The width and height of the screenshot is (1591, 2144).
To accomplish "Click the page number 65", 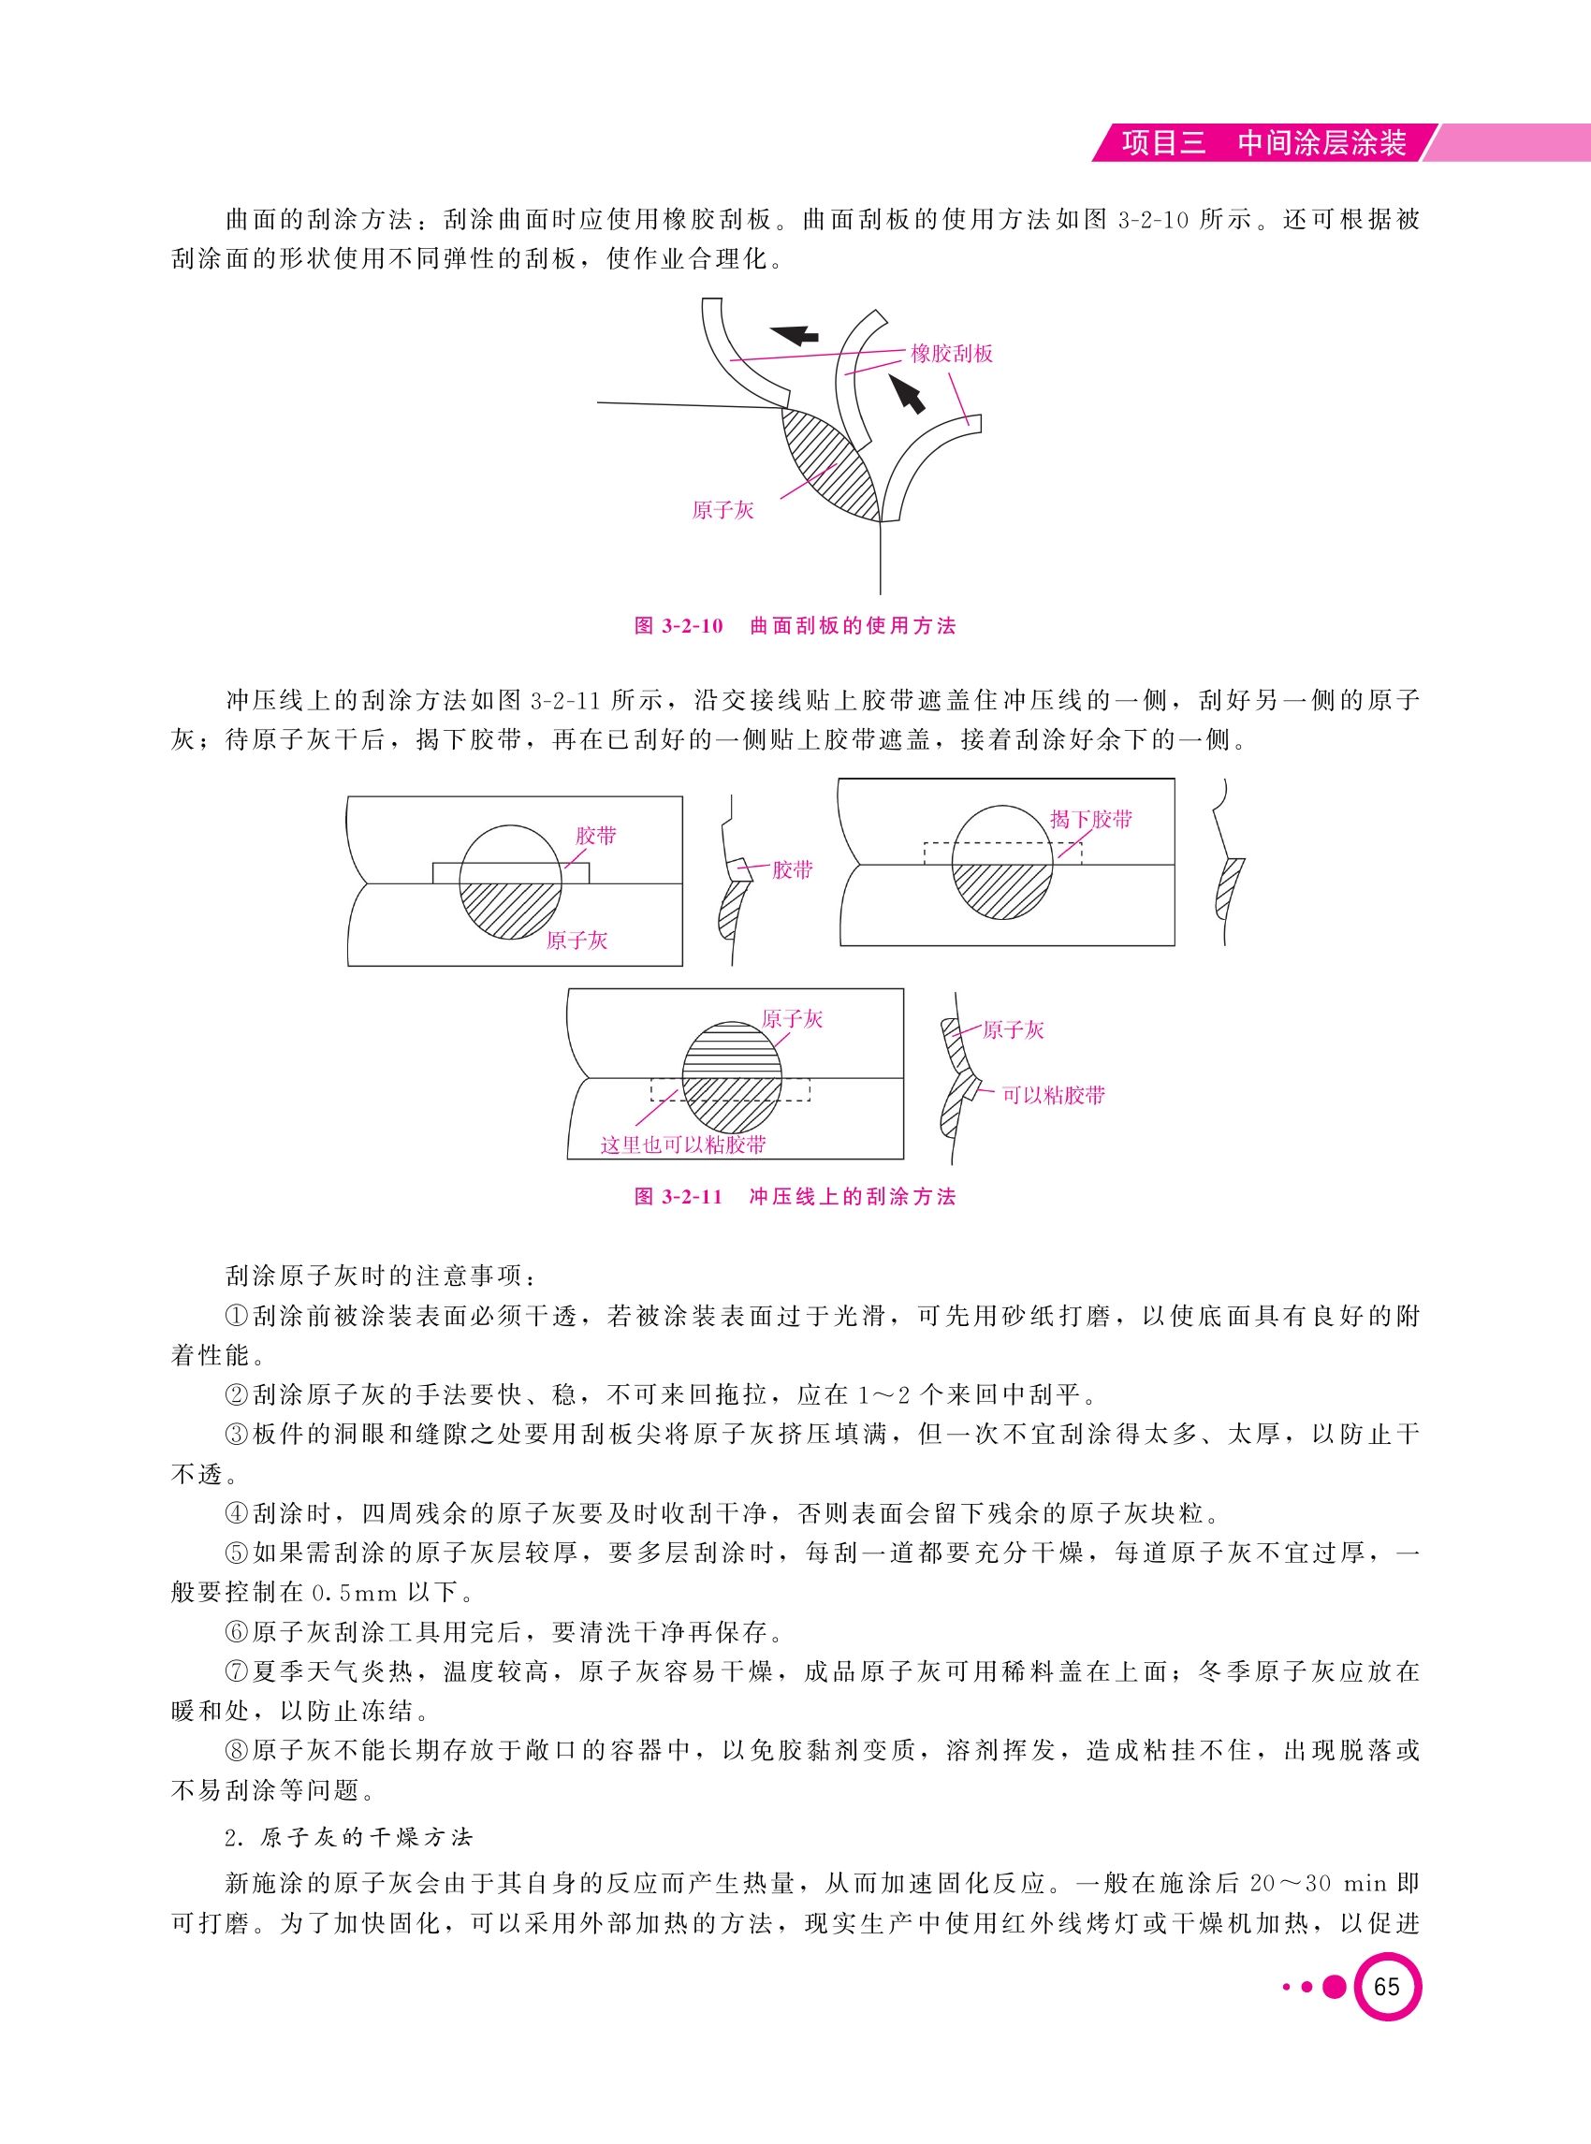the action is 1387,1988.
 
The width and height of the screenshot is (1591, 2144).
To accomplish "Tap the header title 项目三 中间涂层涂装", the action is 1263,143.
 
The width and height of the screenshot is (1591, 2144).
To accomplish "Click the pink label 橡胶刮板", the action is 952,354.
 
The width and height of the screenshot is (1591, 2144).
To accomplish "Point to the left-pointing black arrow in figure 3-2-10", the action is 795,334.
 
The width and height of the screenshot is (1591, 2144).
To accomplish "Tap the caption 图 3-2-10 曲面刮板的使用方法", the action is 795,626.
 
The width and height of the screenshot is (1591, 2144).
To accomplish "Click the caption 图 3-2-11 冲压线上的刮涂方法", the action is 795,1197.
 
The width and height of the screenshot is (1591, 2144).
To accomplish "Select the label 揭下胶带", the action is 1091,819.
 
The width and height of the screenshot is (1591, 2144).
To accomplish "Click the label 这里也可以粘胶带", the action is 683,1145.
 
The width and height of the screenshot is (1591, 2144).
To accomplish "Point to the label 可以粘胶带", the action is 1054,1095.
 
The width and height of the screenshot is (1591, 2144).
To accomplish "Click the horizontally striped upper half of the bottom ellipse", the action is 732,1050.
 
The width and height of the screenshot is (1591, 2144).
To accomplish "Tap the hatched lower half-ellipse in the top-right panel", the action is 1001,894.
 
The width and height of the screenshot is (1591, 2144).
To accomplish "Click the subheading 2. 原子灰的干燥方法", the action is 349,1837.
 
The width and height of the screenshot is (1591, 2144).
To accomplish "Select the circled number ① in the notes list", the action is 237,1316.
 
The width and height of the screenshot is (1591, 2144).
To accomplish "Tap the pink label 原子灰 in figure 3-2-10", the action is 723,510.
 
